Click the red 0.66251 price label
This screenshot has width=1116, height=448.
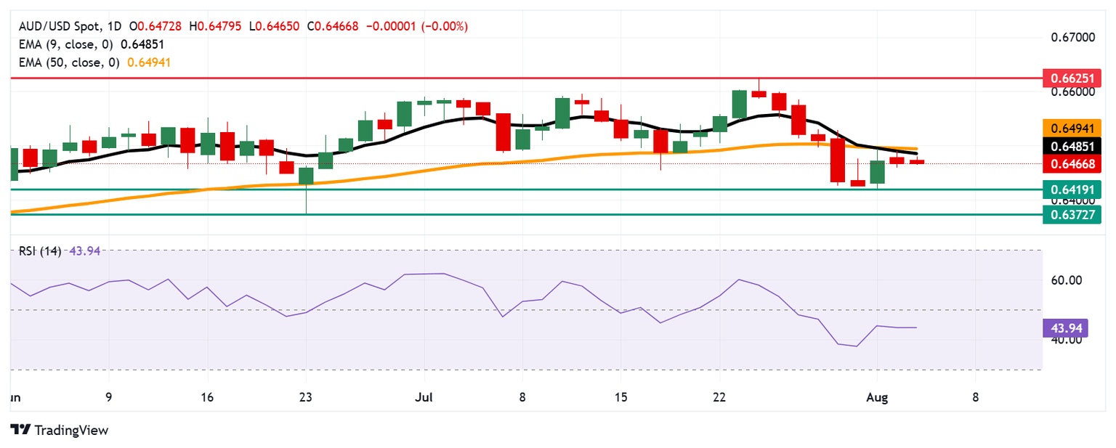coord(1072,77)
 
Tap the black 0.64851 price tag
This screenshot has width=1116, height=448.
coord(1072,147)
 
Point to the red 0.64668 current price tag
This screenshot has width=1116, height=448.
coord(1072,165)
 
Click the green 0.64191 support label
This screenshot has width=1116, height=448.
coord(1072,190)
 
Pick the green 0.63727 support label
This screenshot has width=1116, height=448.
coord(1072,214)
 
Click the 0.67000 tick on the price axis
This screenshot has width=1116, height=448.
coord(1072,37)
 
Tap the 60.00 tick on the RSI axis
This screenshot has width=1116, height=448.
coord(1066,280)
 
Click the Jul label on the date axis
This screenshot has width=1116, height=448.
coord(424,398)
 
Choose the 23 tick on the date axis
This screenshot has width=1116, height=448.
coord(306,398)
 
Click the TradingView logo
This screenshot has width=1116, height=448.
coord(60,430)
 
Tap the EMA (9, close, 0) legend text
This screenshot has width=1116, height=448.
coord(63,44)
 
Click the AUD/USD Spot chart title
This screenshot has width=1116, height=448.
coord(60,26)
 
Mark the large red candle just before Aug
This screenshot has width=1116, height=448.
coord(838,160)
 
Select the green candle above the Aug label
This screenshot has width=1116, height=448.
coord(878,171)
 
